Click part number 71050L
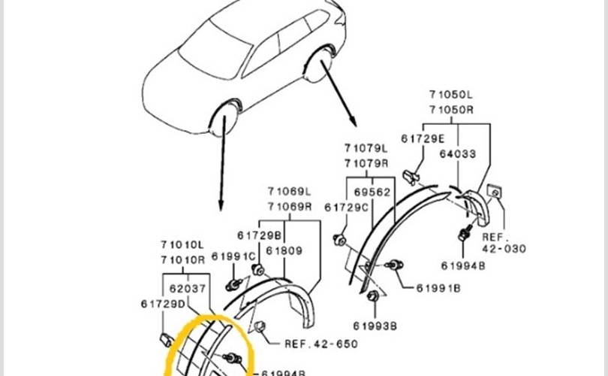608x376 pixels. point(451,95)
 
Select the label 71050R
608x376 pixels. point(451,110)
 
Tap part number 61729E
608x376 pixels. point(423,138)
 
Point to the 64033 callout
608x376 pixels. point(458,154)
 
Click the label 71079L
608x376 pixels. point(366,148)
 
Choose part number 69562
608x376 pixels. point(372,193)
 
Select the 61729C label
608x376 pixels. point(346,208)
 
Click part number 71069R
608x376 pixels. point(290,207)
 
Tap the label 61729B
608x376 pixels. point(260,235)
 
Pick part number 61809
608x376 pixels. point(284,251)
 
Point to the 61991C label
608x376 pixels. point(233,256)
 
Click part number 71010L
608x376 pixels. point(182,245)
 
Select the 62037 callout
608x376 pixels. point(188,289)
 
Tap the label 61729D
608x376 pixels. point(163,304)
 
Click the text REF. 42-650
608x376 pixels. point(321,344)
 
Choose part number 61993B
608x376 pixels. point(375,326)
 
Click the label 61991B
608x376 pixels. point(438,288)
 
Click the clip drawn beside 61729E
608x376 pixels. point(411,177)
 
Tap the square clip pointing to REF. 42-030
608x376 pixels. point(495,192)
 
